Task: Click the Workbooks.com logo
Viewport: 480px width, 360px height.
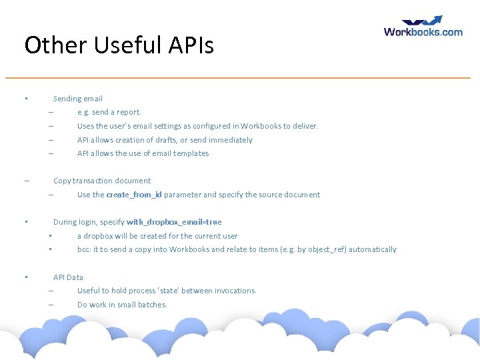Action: (x=423, y=27)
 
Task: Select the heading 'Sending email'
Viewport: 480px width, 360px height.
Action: (x=78, y=99)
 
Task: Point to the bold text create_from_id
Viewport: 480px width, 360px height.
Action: (x=133, y=195)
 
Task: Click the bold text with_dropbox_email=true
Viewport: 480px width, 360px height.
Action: (x=174, y=222)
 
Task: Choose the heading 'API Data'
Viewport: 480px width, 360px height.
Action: (x=68, y=277)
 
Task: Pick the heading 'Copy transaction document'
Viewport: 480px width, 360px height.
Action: (x=102, y=181)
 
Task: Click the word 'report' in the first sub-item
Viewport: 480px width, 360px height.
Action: (x=129, y=113)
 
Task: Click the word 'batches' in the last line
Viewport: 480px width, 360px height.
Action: (x=153, y=305)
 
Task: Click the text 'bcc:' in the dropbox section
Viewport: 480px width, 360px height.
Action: (x=84, y=249)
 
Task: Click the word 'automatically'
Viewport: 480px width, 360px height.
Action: (x=373, y=249)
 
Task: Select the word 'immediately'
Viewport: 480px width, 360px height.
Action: (x=231, y=140)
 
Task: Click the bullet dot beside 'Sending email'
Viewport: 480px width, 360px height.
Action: (x=25, y=99)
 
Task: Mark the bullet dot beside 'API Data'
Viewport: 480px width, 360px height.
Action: (x=25, y=277)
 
